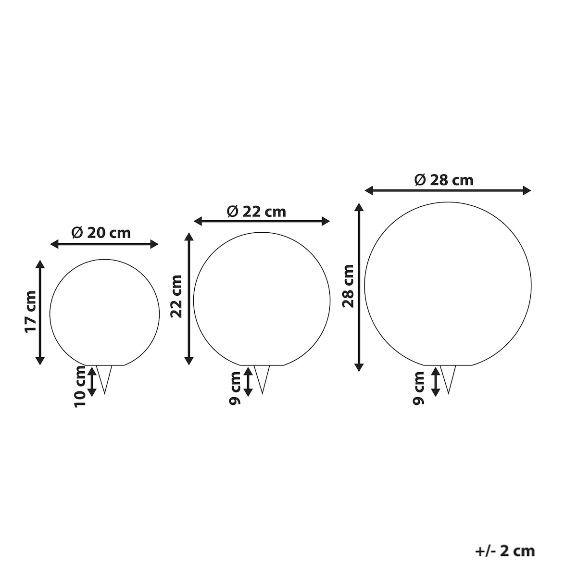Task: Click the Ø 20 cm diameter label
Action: point(101,233)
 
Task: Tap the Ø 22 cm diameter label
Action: point(257,212)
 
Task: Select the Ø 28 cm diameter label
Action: point(444,180)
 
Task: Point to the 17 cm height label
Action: point(31,312)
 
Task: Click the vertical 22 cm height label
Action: point(176,297)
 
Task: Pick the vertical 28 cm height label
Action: point(348,286)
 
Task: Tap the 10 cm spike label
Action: point(80,387)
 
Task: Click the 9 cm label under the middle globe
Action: point(235,389)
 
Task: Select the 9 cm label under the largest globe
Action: point(418,389)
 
